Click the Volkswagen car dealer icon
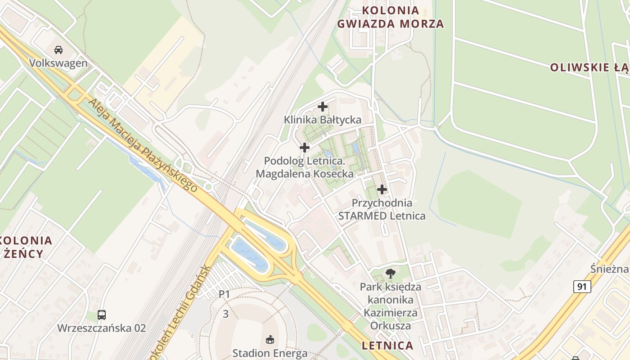coord(58,49)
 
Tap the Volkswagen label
coord(58,63)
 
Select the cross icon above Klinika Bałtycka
coord(323,107)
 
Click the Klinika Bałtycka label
coord(323,120)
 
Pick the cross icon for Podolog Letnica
coord(305,147)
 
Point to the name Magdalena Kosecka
coord(305,174)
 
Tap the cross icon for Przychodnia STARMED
coord(382,189)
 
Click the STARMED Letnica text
coord(382,216)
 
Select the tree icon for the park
coord(391,273)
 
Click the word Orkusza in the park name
coord(391,325)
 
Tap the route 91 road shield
coord(582,287)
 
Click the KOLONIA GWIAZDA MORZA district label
coord(391,17)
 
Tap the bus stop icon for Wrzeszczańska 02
coord(102,315)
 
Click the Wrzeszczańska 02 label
coord(102,328)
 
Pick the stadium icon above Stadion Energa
coord(270,339)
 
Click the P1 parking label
coord(224,294)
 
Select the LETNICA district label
coord(387,346)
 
